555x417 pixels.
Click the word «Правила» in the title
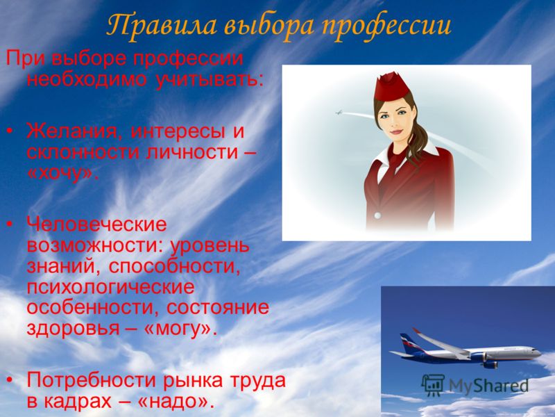point(162,26)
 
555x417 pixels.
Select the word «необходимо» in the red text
point(87,79)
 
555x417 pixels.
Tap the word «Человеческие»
point(96,224)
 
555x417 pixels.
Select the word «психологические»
point(110,287)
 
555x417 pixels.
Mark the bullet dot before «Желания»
point(10,131)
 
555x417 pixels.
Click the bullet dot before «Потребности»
point(10,380)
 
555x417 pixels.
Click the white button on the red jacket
point(377,215)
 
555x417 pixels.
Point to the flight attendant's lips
point(395,132)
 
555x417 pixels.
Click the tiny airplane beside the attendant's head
point(339,113)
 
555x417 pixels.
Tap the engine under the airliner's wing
point(490,364)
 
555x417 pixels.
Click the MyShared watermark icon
point(433,385)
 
